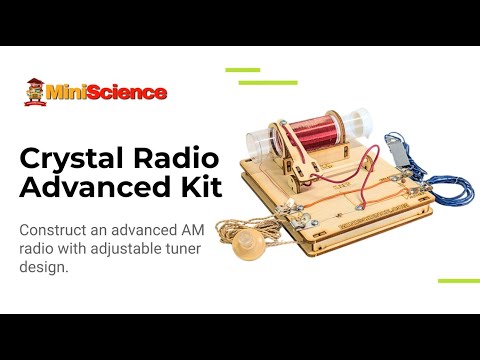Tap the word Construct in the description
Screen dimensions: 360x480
coord(56,229)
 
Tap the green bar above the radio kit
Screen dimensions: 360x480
coord(242,70)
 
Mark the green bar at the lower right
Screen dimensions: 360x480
coord(459,281)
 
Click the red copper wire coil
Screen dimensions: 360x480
coord(319,135)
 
